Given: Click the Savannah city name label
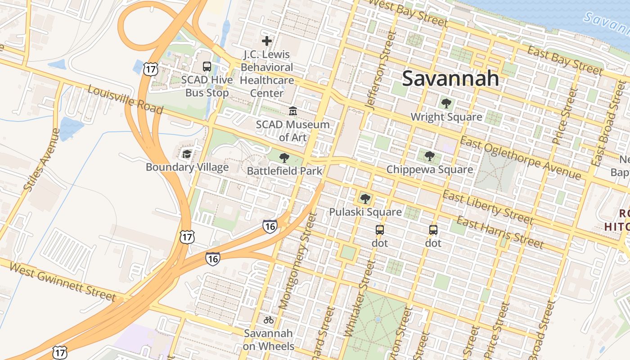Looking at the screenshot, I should [x=450, y=78].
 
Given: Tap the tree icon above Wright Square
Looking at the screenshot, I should [x=446, y=104].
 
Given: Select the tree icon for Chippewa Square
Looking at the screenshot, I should [x=430, y=156].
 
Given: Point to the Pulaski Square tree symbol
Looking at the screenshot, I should [x=365, y=198].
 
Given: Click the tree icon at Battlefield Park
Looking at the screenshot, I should [x=284, y=157].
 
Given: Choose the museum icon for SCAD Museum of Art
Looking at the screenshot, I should [x=293, y=111].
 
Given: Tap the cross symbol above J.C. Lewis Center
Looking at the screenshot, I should [x=267, y=41].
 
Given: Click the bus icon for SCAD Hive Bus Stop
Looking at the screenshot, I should [x=207, y=67].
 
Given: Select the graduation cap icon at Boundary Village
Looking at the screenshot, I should [x=187, y=154].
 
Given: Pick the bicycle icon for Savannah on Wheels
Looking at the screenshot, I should [x=269, y=320].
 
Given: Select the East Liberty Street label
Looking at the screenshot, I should [x=488, y=207].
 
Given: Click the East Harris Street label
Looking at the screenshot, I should [x=500, y=232].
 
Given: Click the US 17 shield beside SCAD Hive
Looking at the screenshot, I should [x=150, y=68].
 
